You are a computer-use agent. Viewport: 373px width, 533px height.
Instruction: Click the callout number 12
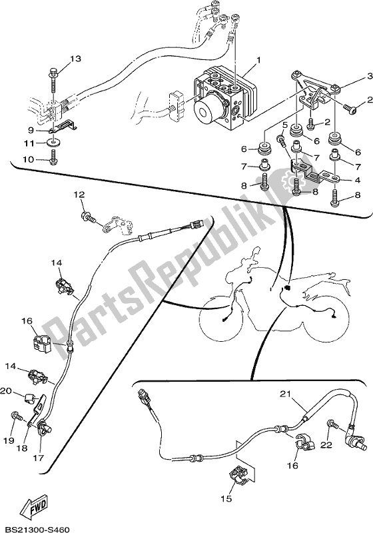point(79,195)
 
